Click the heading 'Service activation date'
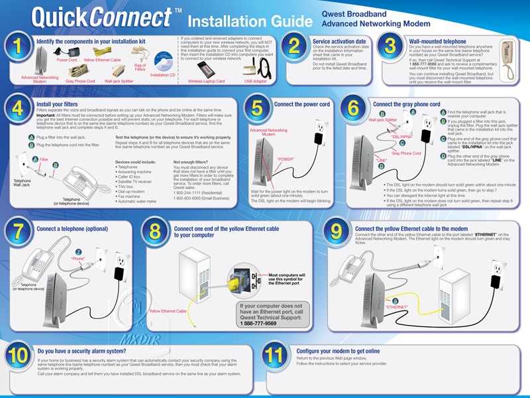point(339,41)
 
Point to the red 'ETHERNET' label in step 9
point(396,307)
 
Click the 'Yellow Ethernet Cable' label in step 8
point(168,310)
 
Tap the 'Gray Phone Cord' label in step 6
point(406,153)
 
